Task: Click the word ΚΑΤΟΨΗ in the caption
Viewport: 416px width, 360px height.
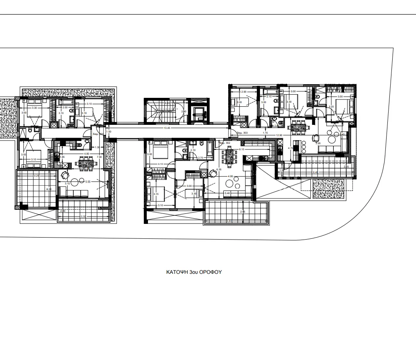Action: click(176, 272)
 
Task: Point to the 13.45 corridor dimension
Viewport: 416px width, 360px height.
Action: click(166, 128)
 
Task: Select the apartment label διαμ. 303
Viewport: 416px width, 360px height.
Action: click(242, 132)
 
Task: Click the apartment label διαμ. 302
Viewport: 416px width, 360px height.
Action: click(224, 143)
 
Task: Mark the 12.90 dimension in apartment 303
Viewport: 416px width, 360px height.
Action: click(279, 135)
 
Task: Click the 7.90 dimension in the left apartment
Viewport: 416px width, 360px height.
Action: click(99, 157)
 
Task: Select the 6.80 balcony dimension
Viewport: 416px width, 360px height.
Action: click(229, 221)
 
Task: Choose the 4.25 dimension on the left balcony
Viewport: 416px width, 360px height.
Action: click(36, 176)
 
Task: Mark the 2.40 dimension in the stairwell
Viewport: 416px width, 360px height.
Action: click(183, 112)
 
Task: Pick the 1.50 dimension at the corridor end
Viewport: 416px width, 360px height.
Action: click(108, 132)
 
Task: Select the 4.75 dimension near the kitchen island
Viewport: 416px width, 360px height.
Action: click(290, 148)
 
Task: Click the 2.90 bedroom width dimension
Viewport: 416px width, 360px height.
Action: click(243, 92)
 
